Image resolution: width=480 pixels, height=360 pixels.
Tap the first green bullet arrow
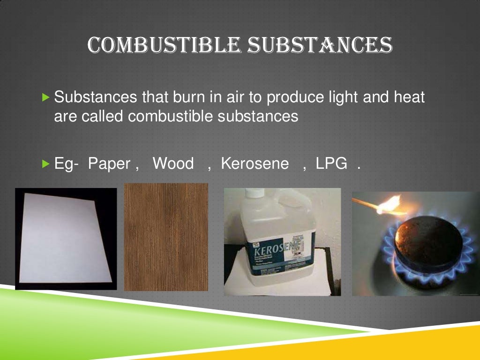(45, 98)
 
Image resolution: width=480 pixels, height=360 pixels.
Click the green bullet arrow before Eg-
(45, 164)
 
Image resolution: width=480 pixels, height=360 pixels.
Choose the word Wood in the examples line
(173, 164)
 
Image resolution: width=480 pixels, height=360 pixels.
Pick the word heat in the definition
(407, 97)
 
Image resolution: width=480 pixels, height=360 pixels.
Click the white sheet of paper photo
(66, 238)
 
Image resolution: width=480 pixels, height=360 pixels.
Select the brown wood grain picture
(166, 237)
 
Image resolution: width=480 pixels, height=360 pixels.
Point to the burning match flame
(390, 204)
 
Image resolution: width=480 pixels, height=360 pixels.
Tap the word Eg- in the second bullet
(66, 164)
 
